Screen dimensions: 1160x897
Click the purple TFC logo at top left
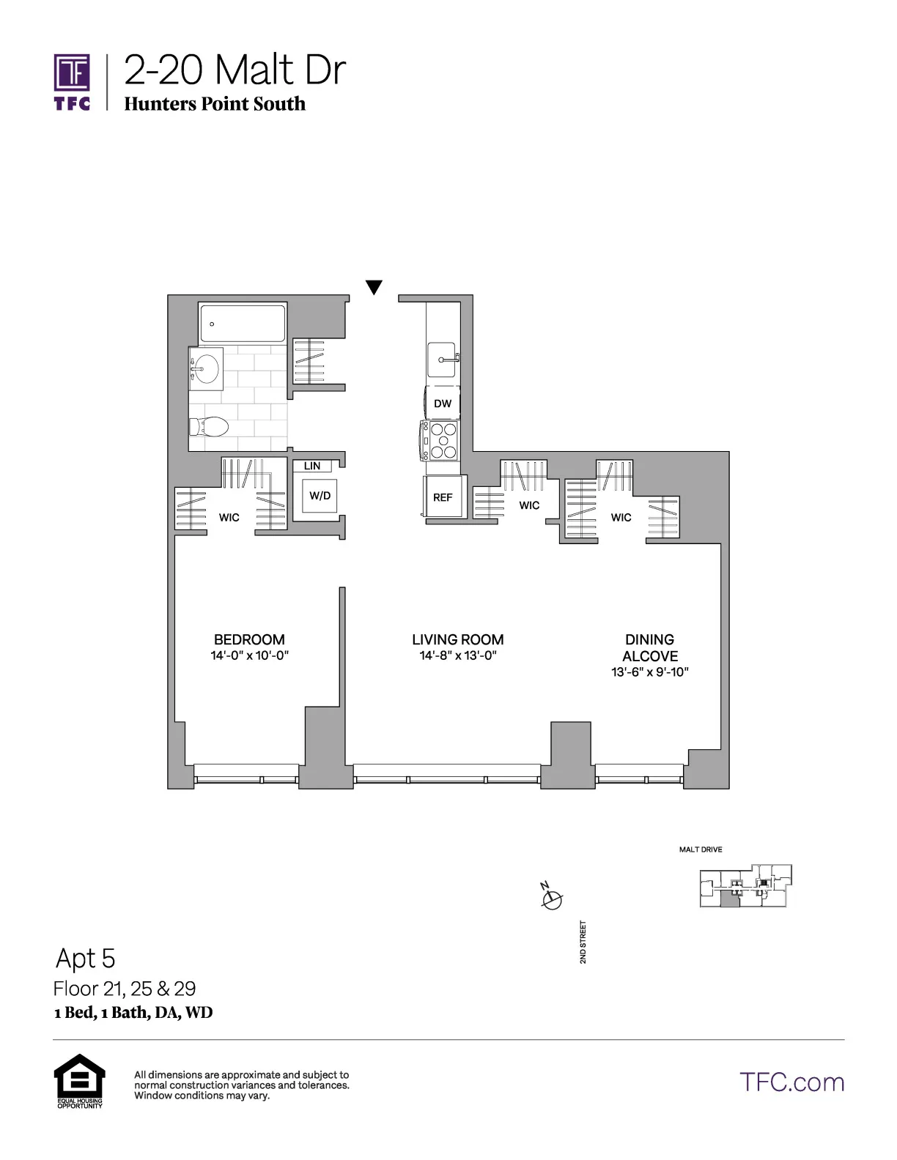point(72,81)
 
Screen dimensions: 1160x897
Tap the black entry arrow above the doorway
point(374,287)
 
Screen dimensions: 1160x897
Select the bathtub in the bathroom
point(242,324)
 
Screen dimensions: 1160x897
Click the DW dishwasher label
point(443,404)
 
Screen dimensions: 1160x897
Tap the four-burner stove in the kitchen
point(442,439)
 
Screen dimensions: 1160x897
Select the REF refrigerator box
point(443,497)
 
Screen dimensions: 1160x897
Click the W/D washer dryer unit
point(320,496)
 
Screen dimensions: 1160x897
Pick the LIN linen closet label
point(312,466)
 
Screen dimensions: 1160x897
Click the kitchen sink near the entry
point(443,360)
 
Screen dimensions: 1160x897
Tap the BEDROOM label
point(249,639)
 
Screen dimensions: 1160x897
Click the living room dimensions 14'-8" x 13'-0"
point(458,655)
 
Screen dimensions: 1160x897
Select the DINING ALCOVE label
point(650,647)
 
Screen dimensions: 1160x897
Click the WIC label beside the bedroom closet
point(229,518)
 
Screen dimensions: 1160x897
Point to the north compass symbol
point(551,898)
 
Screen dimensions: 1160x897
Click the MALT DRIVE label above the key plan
point(701,849)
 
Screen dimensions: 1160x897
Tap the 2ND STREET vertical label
point(583,942)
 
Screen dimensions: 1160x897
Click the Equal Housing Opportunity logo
point(79,1080)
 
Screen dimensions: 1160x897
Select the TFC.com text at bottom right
point(791,1082)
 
